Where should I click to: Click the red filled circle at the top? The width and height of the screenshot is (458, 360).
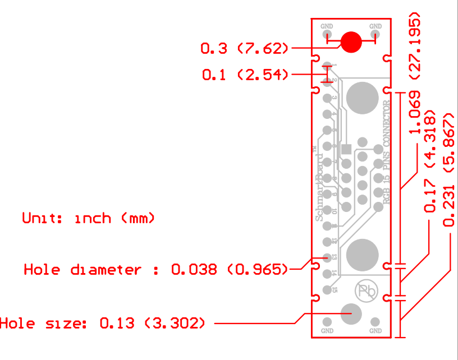point(352,41)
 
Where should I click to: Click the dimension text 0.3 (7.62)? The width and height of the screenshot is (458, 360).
point(245,49)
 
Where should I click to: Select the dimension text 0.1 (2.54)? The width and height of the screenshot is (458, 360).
point(245,75)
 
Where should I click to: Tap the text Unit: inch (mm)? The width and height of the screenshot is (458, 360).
point(88,218)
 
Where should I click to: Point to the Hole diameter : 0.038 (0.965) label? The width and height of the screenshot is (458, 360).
point(155,270)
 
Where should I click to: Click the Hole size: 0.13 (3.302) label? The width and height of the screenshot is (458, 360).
point(103,323)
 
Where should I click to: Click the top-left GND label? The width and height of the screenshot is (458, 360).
point(327,26)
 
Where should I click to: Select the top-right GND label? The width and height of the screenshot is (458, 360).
point(375,26)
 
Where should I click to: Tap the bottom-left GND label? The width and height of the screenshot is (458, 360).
point(327,331)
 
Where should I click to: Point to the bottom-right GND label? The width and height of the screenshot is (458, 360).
point(375,331)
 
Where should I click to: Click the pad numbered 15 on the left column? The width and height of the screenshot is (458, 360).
point(327,290)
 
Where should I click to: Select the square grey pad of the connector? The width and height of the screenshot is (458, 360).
point(346,149)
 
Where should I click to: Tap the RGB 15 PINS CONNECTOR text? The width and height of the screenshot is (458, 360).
point(386,152)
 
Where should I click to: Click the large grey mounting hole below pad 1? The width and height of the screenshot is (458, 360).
point(362,97)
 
